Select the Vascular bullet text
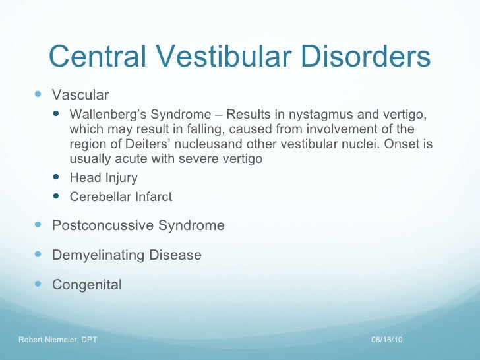point(80,96)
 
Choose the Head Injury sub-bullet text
point(104,178)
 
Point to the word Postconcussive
point(103,225)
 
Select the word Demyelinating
point(98,255)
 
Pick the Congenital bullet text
point(86,285)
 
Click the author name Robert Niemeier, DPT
point(57,339)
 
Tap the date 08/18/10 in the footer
point(387,339)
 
